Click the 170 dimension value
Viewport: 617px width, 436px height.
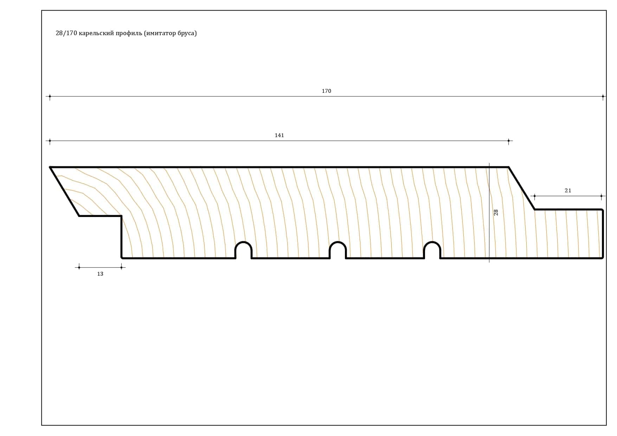326,91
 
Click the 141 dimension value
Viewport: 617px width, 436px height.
279,135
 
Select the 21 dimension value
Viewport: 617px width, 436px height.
568,191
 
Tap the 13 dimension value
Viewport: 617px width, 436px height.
100,274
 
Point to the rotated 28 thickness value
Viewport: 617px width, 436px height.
496,212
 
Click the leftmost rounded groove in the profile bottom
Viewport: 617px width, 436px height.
243,243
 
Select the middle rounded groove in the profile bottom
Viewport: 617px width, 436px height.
338,243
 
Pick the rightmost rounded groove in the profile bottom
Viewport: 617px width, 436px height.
432,243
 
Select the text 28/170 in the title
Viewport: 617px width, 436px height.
66,33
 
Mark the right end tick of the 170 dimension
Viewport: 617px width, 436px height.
603,96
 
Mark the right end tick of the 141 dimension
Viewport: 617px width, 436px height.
508,141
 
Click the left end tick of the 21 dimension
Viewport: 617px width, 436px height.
534,196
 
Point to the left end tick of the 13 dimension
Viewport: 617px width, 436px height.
79,268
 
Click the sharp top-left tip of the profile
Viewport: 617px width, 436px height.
50,167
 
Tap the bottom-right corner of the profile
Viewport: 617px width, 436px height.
603,258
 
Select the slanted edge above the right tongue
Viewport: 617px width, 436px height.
521,188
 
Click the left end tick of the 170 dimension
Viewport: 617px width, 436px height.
50,96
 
